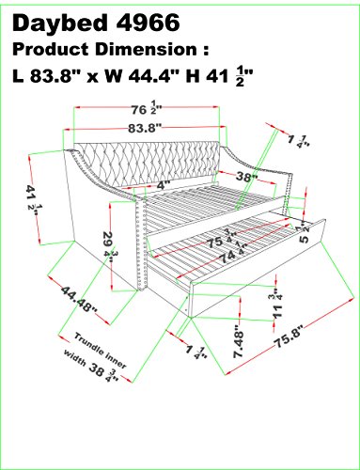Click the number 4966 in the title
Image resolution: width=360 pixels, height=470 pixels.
coord(148,23)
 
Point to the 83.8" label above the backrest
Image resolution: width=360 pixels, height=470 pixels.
coord(145,128)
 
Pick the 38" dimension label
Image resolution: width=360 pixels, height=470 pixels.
coord(247,177)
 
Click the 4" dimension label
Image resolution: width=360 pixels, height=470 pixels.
coord(163,185)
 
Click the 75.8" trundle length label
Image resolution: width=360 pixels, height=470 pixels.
coord(290,337)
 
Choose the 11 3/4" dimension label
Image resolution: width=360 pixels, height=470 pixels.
coord(277,304)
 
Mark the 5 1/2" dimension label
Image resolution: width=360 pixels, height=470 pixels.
coord(304,233)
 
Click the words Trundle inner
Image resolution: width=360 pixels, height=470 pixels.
coord(101,351)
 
